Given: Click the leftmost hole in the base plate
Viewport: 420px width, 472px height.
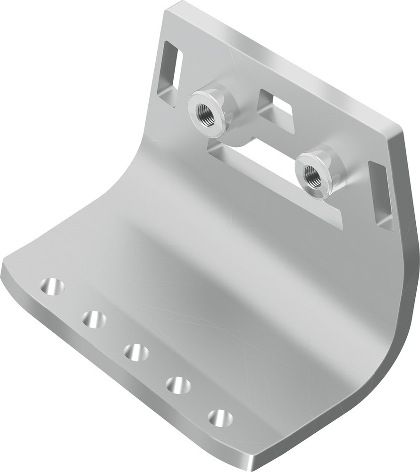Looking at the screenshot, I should click(x=52, y=286).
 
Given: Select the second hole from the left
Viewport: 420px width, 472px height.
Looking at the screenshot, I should click(x=94, y=319).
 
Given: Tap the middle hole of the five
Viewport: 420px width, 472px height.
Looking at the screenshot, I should click(x=136, y=352).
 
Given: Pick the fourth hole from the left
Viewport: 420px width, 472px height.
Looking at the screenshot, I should click(x=178, y=385).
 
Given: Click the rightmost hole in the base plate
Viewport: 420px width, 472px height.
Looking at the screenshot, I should click(x=220, y=418).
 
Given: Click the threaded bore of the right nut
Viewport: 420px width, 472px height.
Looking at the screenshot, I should click(x=312, y=176).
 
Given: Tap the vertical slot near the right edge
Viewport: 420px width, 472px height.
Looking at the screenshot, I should click(x=380, y=194).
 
